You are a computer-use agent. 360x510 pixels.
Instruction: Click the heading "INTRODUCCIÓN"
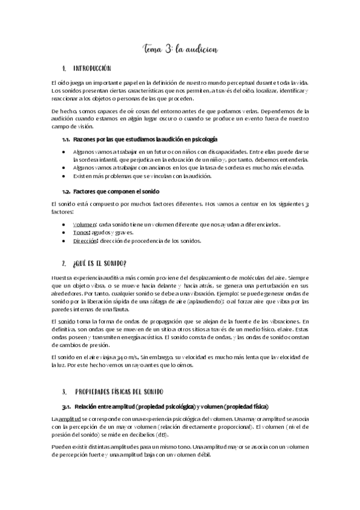click(91, 69)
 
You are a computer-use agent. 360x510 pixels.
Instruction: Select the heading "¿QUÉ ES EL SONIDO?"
click(99, 263)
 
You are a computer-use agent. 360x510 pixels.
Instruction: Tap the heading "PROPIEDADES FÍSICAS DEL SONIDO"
click(120, 375)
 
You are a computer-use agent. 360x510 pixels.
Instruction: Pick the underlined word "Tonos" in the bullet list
click(82, 232)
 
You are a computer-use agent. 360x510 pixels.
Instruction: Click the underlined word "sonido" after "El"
click(67, 322)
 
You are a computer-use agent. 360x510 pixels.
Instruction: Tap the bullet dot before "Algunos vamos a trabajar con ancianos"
click(64, 168)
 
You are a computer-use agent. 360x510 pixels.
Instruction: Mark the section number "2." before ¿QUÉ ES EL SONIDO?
click(64, 263)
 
